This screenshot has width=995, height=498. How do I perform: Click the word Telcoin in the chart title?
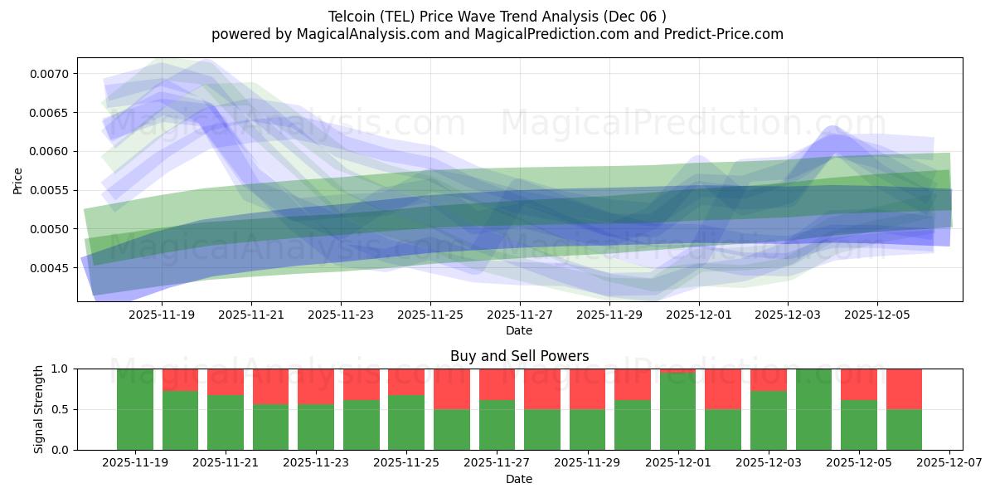pos(352,17)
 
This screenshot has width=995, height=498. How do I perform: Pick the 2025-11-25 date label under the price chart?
pos(430,315)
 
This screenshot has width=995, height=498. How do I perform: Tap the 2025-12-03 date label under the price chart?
pos(788,315)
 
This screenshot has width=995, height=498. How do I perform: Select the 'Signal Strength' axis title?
pos(39,408)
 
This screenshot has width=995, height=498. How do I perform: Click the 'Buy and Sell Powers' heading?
pos(519,356)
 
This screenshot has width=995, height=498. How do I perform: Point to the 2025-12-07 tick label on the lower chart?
pos(949,463)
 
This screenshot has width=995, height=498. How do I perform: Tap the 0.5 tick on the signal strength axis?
pos(60,409)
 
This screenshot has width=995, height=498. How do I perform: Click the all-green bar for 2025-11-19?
pos(135,409)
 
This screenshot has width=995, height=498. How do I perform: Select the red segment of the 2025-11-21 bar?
pos(226,382)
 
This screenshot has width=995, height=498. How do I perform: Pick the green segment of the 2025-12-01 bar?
pos(677,412)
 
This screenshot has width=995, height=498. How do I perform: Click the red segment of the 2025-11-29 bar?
pos(587,388)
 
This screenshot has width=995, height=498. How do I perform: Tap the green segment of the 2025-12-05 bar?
pos(858,425)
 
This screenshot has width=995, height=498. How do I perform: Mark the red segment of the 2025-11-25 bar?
pos(406,382)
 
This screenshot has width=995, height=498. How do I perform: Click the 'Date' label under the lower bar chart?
pos(519,479)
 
